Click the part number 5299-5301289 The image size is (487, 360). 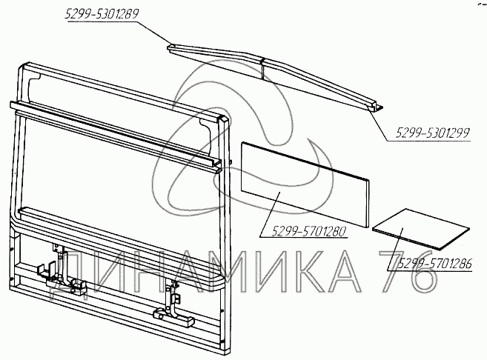pos(102,14)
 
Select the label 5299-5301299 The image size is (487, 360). pos(432,133)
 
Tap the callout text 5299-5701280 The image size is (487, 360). pos(308,231)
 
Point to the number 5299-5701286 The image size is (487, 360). pos(435,264)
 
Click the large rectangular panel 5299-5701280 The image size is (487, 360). pos(305,184)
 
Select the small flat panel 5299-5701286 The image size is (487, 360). pos(421,228)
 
